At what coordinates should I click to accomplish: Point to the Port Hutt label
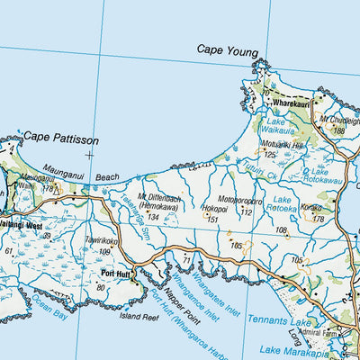click(117, 274)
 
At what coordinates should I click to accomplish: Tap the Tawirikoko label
click(102, 241)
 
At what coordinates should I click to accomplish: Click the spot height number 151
click(213, 218)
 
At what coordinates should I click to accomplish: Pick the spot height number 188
click(338, 130)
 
